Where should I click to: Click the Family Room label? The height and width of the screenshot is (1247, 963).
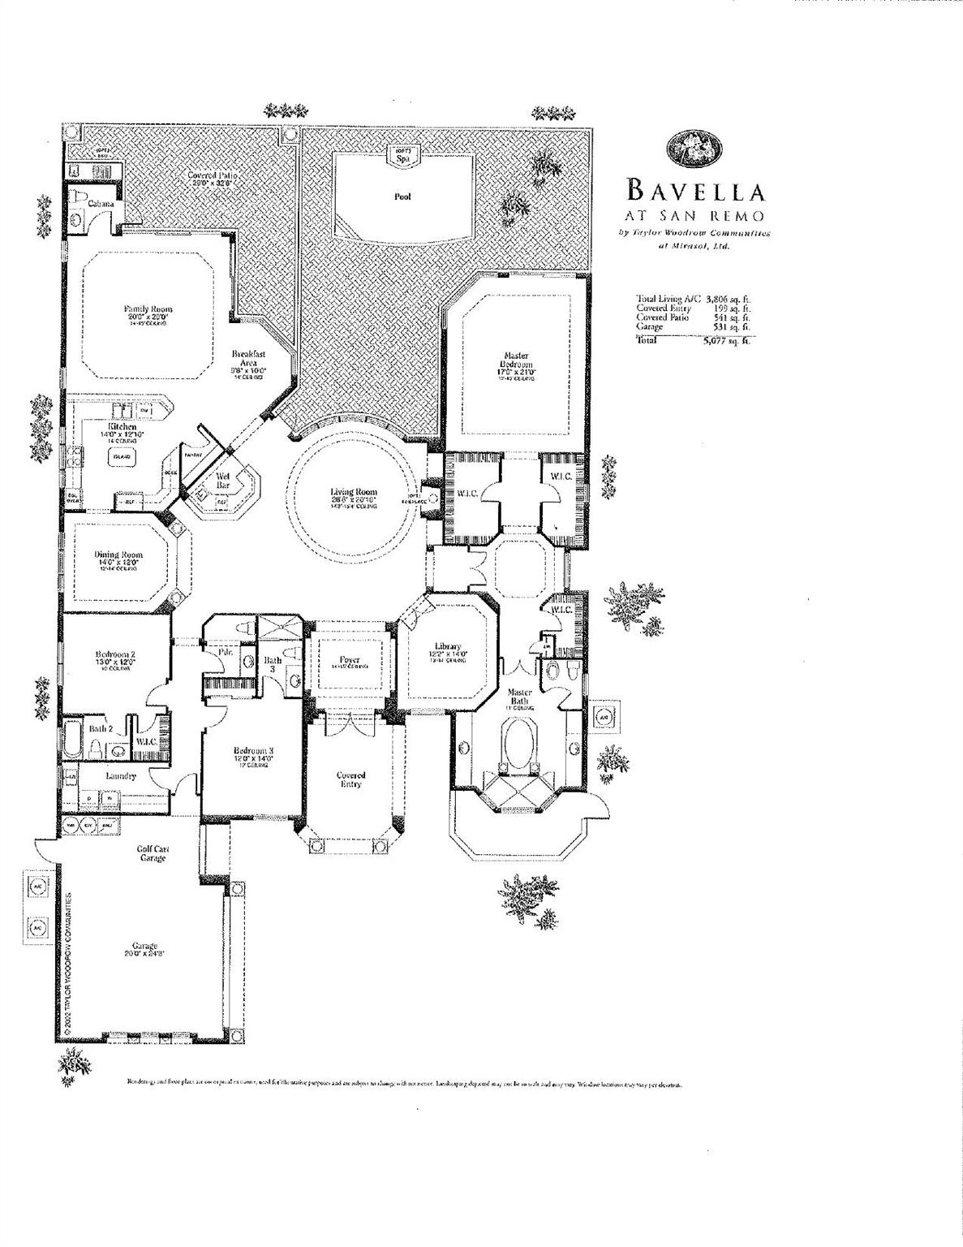(x=148, y=309)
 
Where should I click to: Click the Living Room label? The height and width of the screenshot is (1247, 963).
(x=354, y=493)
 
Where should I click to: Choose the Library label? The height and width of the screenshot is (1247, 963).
(x=447, y=647)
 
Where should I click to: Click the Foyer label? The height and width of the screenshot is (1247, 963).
(x=350, y=660)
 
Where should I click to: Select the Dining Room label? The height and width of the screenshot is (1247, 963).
(x=118, y=555)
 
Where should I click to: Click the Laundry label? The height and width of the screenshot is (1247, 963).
(x=119, y=776)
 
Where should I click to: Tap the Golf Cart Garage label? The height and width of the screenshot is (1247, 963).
(x=153, y=853)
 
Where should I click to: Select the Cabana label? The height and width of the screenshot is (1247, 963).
(x=101, y=203)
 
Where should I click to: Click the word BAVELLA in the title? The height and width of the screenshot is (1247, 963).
(x=696, y=192)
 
